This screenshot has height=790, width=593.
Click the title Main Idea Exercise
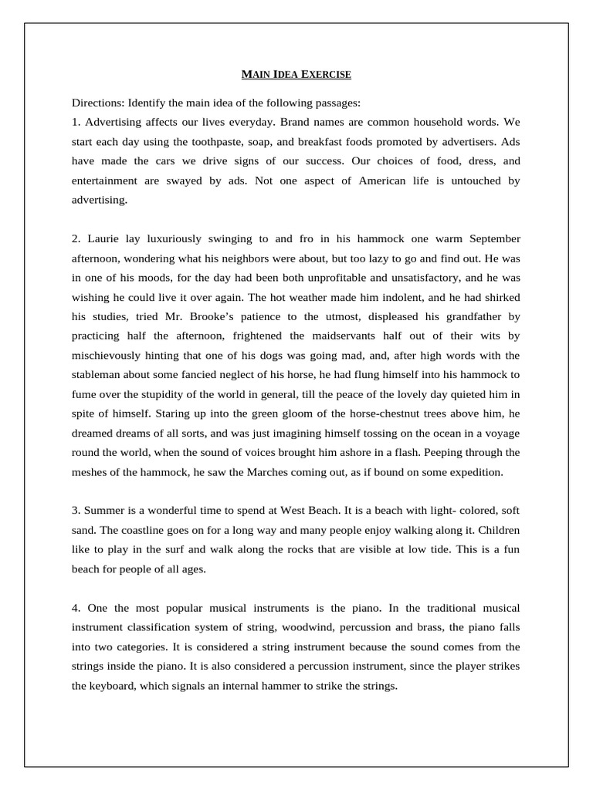click(x=296, y=75)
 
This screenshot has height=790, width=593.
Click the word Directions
click(x=97, y=103)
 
